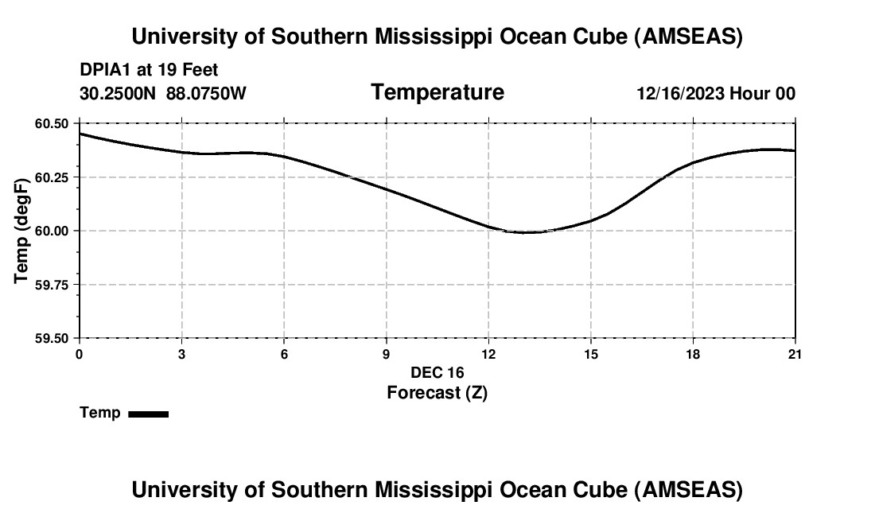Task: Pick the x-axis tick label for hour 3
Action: pyautogui.click(x=182, y=354)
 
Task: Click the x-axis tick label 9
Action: pyautogui.click(x=387, y=354)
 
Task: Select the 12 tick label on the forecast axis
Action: pyautogui.click(x=488, y=354)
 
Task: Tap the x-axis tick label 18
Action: pyautogui.click(x=693, y=354)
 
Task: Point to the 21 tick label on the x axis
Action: pyautogui.click(x=794, y=354)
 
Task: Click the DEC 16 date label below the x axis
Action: pyautogui.click(x=437, y=372)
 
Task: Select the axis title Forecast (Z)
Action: pyautogui.click(x=437, y=392)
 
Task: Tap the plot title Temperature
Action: pyautogui.click(x=437, y=92)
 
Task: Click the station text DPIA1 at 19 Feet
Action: pyautogui.click(x=149, y=71)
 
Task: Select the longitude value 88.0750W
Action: pyautogui.click(x=206, y=93)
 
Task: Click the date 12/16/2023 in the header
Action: pyautogui.click(x=679, y=93)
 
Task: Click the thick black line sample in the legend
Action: pyautogui.click(x=148, y=414)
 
